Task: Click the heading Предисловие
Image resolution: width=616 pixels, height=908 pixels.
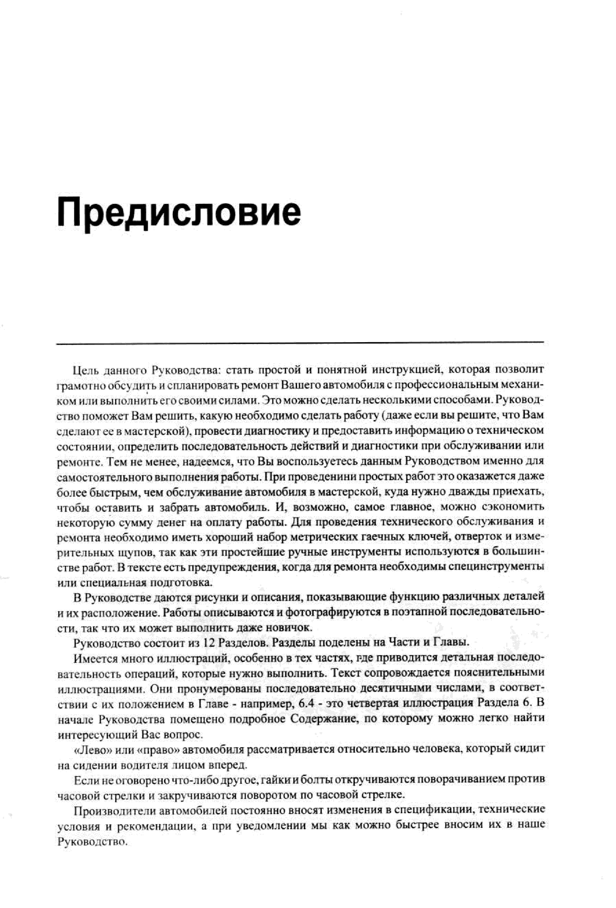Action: click(179, 214)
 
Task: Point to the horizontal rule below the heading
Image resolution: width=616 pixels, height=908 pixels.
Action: click(300, 343)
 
